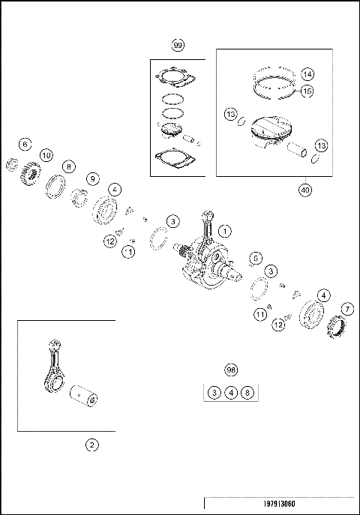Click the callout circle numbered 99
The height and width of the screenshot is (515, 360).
point(178,45)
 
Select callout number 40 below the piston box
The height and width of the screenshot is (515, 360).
point(305,190)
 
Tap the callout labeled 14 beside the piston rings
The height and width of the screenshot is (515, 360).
point(307,74)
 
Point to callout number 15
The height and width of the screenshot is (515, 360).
point(307,91)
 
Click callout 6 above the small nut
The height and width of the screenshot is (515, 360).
point(25,144)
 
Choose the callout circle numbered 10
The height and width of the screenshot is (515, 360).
point(46,155)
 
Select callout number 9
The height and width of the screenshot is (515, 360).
point(93,179)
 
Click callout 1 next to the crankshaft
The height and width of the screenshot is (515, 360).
point(225,231)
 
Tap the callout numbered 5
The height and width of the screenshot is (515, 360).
point(256,258)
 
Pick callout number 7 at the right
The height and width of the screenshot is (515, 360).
point(347,309)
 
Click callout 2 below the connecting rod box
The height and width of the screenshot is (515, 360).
point(91,445)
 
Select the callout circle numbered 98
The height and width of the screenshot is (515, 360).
point(231,370)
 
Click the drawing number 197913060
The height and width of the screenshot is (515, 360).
point(279,504)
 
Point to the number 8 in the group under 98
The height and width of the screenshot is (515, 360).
point(247,393)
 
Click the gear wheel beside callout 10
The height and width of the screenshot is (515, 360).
point(31,173)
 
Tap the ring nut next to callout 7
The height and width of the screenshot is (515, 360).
point(334,326)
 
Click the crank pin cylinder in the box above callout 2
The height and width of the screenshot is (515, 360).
point(83,396)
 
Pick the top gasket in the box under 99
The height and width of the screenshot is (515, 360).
point(175,78)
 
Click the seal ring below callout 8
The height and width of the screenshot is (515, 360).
point(55,187)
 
